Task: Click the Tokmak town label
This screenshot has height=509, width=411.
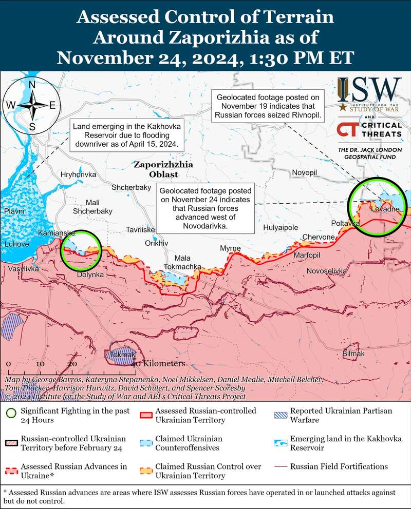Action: click(120, 355)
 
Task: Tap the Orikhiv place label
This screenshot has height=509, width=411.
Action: click(157, 243)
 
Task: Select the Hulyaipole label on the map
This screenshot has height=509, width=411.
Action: click(280, 227)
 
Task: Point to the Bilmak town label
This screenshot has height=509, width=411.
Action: click(353, 354)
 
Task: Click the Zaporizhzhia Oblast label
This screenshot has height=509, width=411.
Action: click(163, 170)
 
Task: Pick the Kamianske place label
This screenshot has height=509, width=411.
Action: click(57, 233)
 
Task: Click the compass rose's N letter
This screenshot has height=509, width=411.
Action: click(32, 85)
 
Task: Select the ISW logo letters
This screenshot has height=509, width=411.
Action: click(369, 90)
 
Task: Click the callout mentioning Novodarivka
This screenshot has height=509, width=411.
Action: click(207, 208)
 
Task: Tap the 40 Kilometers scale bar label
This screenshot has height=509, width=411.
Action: click(159, 363)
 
